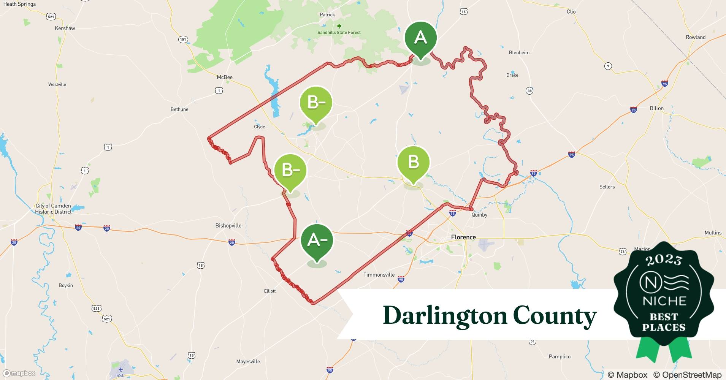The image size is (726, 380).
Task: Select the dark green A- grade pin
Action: [x=317, y=240]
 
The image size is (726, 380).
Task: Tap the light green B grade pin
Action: [x=414, y=162]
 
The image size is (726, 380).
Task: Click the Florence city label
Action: [x=463, y=237]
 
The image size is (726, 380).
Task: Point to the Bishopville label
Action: [x=228, y=225]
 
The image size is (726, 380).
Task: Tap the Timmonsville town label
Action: [x=379, y=275]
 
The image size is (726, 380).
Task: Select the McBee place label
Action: [x=225, y=77]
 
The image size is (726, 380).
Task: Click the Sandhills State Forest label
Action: [x=339, y=32]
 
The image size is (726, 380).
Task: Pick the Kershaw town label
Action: [x=65, y=28]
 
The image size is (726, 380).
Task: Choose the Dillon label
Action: [x=656, y=108]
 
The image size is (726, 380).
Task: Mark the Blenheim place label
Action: [x=519, y=52]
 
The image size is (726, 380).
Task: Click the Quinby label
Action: [x=479, y=215]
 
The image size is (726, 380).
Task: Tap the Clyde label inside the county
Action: [x=260, y=127]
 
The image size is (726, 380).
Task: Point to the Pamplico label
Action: [x=560, y=356]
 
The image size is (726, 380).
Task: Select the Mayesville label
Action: [x=248, y=361]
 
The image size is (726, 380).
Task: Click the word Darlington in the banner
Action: [x=445, y=315]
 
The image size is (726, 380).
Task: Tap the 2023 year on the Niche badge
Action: [x=664, y=260]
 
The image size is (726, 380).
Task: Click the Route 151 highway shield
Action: [x=183, y=40]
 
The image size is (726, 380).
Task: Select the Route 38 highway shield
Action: [x=529, y=90]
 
